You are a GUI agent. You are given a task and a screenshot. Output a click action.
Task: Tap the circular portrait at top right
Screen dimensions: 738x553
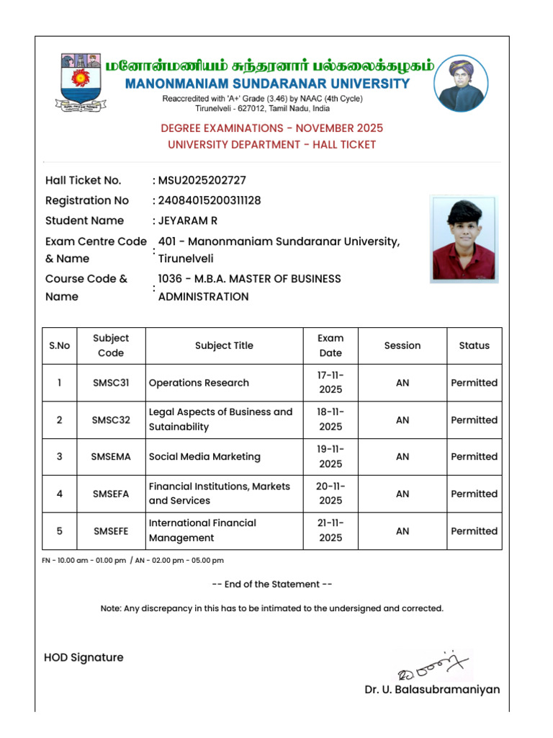462,83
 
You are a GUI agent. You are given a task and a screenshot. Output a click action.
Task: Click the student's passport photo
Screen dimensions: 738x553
464,239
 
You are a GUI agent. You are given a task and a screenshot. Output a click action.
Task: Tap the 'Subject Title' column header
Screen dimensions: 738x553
224,346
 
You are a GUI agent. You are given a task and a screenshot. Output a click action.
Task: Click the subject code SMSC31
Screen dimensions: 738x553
111,383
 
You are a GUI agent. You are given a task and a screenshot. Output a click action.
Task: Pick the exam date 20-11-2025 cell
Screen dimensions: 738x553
331,494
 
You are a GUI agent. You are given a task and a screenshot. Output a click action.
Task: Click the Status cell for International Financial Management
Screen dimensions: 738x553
474,531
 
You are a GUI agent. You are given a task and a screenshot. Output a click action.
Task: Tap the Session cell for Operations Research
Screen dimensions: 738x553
402,383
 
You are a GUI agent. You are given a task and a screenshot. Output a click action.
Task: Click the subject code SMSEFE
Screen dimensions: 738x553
111,531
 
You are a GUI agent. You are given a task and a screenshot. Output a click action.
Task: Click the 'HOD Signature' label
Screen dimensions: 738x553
84,657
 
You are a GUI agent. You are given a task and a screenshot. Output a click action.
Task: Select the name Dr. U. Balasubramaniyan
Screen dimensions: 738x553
432,690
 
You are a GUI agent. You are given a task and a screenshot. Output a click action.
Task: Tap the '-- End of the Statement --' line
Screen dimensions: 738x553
276,584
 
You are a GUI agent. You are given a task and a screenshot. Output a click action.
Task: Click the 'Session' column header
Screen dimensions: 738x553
402,346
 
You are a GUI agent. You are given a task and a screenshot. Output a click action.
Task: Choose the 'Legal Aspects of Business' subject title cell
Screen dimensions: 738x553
220,419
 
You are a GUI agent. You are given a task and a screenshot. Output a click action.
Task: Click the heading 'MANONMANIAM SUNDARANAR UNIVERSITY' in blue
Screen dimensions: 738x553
267,84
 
